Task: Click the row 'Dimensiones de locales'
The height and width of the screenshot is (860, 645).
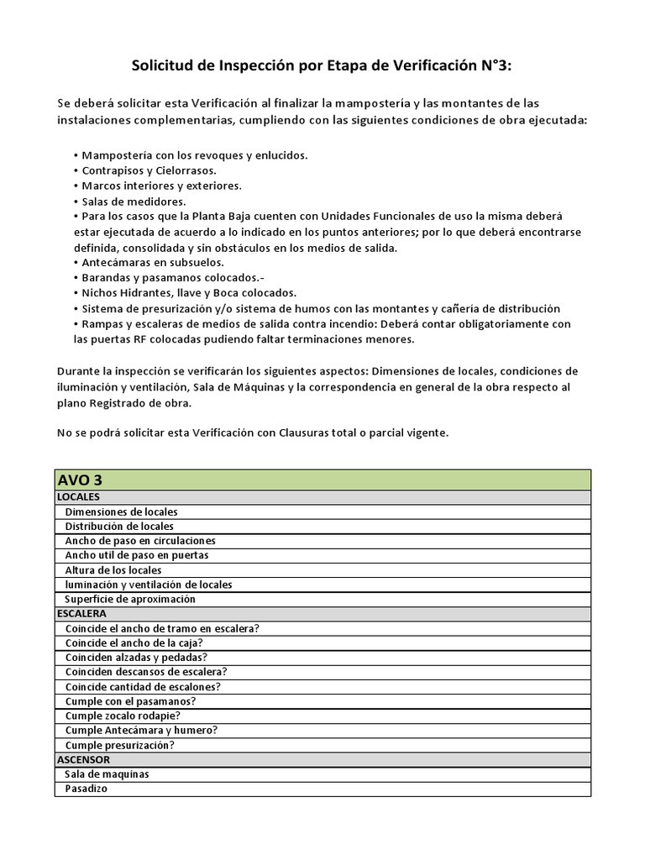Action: coord(121,511)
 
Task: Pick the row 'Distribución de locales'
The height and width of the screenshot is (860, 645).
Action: coord(119,526)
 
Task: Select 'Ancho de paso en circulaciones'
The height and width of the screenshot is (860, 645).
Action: coord(140,541)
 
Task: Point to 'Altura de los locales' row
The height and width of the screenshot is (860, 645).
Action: coord(113,570)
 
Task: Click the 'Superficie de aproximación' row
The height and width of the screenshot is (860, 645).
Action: coord(129,599)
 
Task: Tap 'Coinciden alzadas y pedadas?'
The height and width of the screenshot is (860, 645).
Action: coord(136,657)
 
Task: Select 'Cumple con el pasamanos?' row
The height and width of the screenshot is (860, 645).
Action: coord(130,700)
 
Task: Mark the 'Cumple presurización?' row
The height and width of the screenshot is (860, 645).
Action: coord(119,745)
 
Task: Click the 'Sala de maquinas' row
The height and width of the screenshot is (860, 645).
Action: coord(107,773)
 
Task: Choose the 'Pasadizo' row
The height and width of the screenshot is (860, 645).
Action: coord(87,789)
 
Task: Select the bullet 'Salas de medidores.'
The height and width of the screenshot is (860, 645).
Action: coord(133,201)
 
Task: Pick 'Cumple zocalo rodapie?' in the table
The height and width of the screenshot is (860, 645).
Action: coord(123,716)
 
